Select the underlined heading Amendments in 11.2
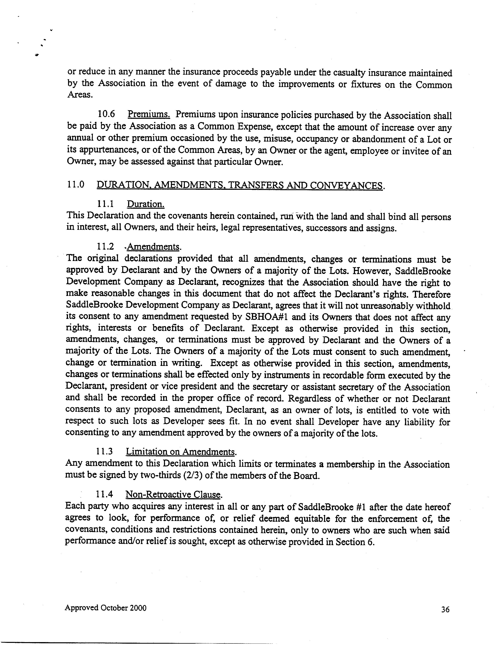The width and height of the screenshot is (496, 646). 154,247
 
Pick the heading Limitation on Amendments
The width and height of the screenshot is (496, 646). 181,452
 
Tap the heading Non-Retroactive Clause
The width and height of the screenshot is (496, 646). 174,494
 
